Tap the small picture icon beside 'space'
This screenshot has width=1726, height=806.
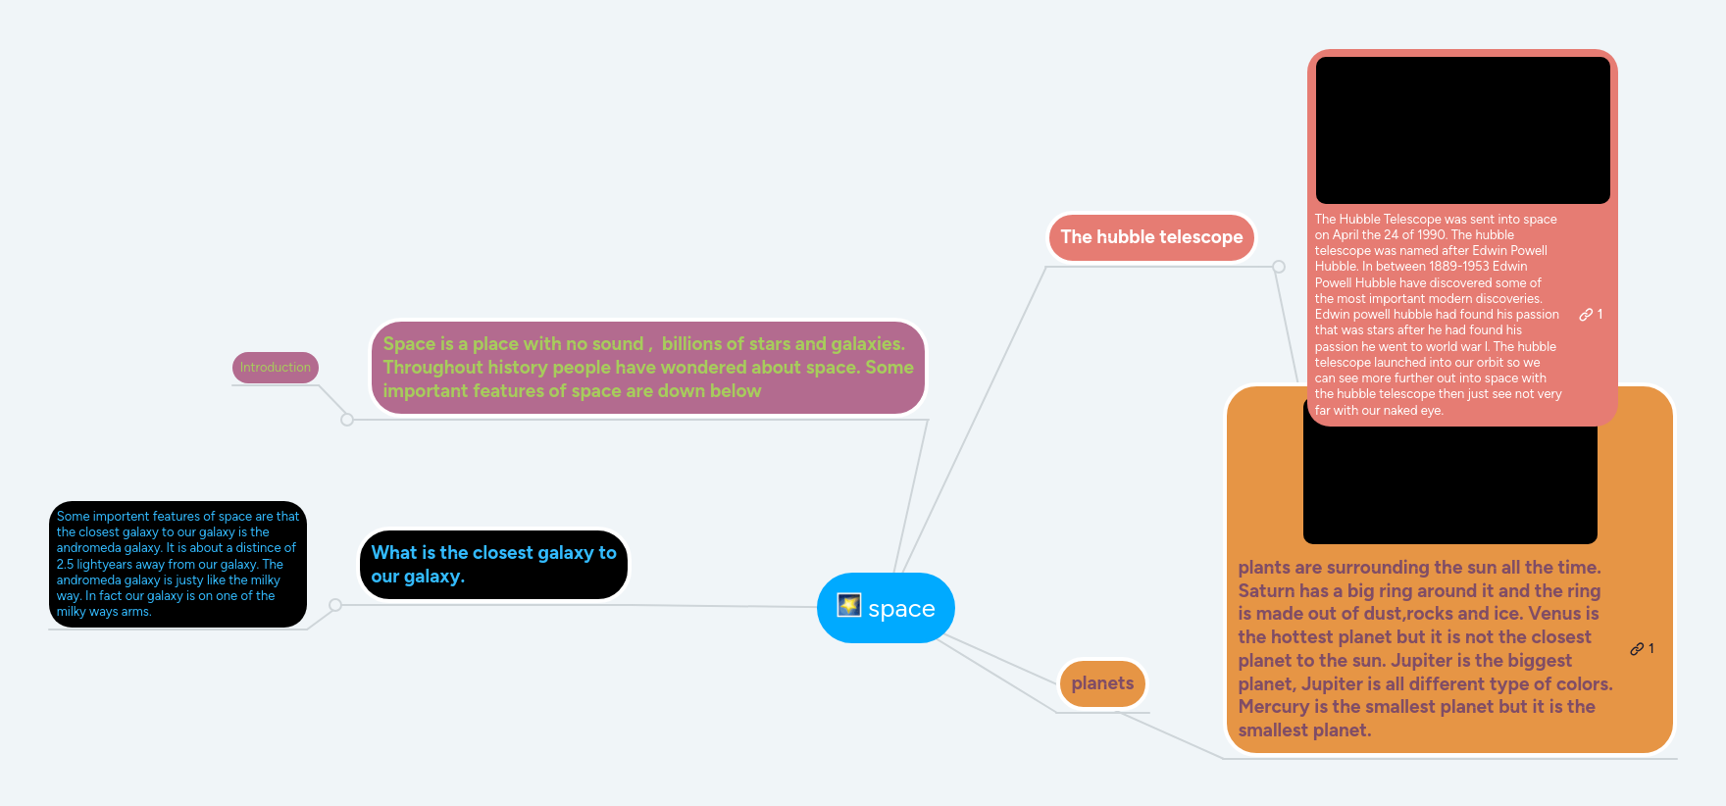848,605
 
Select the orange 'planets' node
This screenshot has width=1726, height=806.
1102,683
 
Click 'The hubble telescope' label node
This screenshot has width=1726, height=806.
1151,237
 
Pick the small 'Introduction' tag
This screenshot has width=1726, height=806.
275,368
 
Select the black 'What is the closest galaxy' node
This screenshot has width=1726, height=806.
492,565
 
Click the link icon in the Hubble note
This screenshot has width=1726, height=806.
1586,315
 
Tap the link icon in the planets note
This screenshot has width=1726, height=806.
1637,649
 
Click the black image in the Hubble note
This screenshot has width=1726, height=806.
1462,130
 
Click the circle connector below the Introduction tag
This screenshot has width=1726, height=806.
347,420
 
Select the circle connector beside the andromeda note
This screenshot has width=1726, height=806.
335,605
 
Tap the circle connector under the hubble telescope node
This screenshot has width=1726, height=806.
1278,267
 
